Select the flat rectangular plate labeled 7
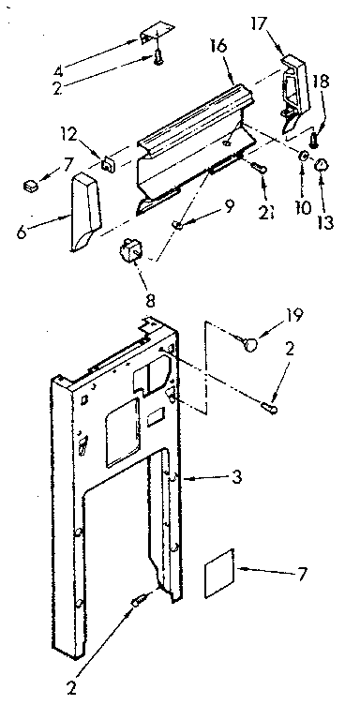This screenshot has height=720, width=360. (222, 575)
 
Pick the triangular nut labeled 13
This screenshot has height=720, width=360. (322, 165)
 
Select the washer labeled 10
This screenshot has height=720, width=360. (303, 156)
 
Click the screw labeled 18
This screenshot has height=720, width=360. (315, 141)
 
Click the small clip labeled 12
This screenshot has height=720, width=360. (108, 162)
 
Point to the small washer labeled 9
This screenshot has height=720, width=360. (178, 226)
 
